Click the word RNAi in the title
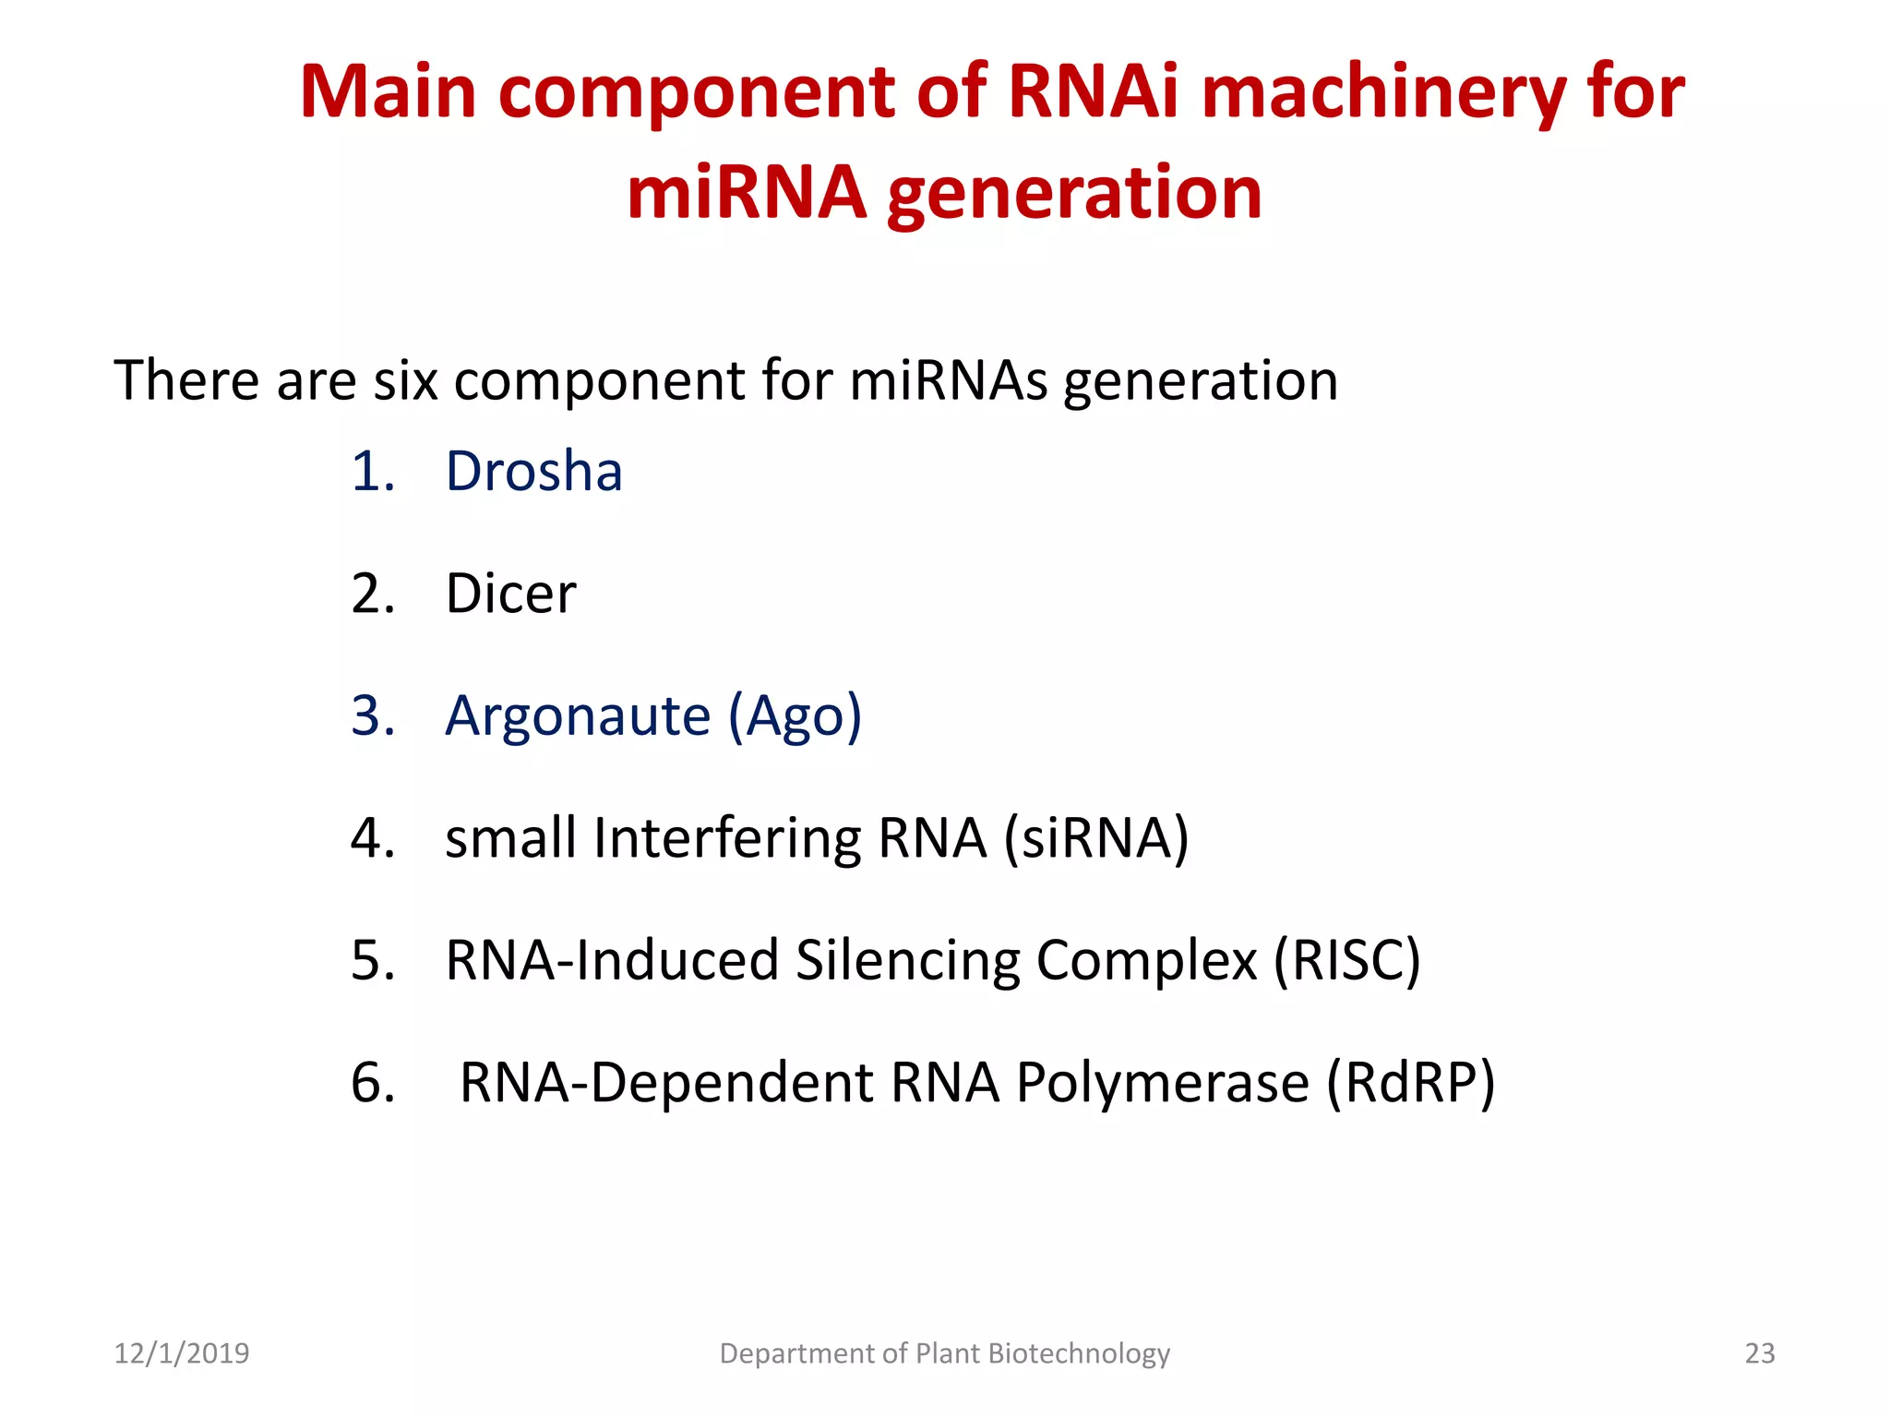(1094, 92)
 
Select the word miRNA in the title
(747, 193)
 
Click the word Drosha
(533, 472)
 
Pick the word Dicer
(510, 594)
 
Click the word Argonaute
(578, 715)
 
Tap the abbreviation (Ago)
(795, 717)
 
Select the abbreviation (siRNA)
(1096, 838)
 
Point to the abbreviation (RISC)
(1346, 960)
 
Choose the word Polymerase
(1162, 1082)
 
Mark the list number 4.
(373, 838)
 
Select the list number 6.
(373, 1082)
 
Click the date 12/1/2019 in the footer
(181, 1353)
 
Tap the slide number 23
(1759, 1353)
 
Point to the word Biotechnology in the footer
(1078, 1353)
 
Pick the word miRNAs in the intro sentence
(948, 380)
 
